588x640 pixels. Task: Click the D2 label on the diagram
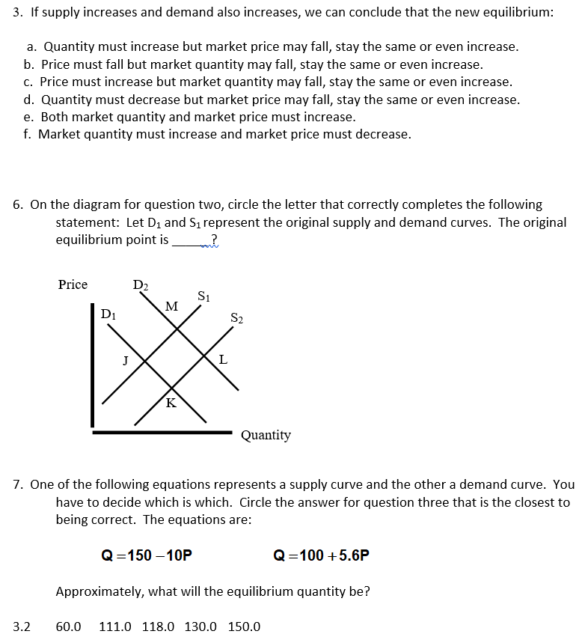tap(140, 284)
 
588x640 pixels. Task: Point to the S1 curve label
tap(203, 295)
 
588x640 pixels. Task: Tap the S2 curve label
tap(236, 319)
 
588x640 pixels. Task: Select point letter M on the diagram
tap(171, 305)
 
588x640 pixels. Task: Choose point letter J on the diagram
tap(126, 359)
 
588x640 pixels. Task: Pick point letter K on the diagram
tap(171, 403)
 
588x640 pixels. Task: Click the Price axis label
tap(73, 284)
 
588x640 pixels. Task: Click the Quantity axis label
tap(266, 435)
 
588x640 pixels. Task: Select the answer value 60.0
tap(69, 627)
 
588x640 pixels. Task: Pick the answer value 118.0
tap(158, 627)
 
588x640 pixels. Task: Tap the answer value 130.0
tap(200, 627)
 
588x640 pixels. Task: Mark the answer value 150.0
tap(244, 627)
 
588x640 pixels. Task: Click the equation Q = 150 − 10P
tap(147, 555)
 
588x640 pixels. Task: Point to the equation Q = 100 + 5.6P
tap(322, 555)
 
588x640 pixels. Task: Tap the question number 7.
tap(19, 484)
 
